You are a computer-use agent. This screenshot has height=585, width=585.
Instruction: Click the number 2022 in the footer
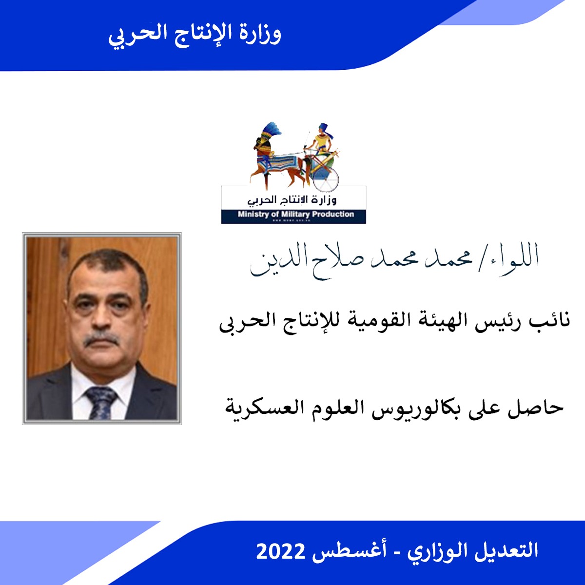pyautogui.click(x=281, y=551)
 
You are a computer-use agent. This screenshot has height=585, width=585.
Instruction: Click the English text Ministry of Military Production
pyautogui.click(x=296, y=214)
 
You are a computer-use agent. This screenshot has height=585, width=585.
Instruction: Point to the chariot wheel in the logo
pyautogui.click(x=326, y=178)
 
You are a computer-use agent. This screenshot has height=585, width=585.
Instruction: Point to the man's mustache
pyautogui.click(x=101, y=339)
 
